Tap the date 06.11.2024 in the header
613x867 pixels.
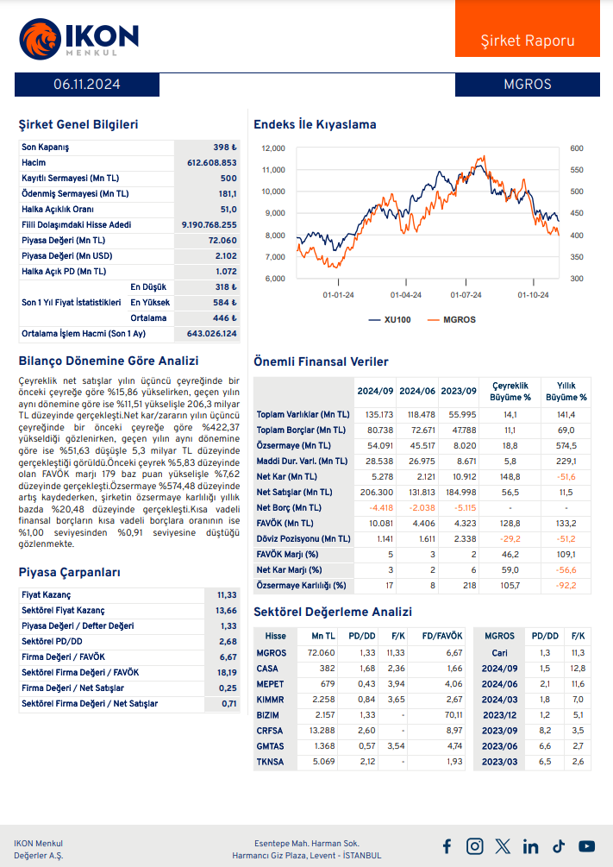point(86,85)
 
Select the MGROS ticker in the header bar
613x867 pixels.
point(527,85)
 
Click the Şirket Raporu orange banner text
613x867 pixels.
point(527,41)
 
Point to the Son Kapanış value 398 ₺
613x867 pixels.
point(224,148)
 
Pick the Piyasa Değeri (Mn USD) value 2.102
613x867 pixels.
point(226,256)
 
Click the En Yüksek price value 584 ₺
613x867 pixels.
point(224,303)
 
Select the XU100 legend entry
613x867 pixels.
point(390,319)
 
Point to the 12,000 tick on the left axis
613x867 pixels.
point(272,148)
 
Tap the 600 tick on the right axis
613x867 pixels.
point(576,148)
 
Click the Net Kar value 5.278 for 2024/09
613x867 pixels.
point(375,477)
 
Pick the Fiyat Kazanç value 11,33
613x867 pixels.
point(227,595)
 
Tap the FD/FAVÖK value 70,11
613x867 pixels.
point(453,715)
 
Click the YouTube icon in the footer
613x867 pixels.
point(586,846)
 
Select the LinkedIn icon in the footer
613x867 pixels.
point(530,846)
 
